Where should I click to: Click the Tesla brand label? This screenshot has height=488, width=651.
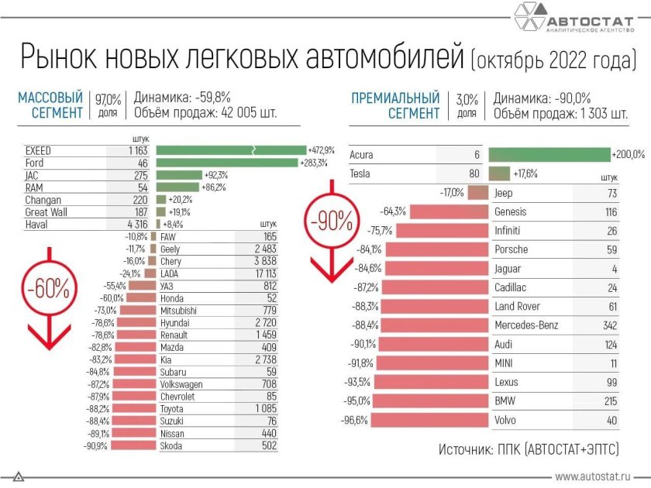pyautogui.click(x=360, y=174)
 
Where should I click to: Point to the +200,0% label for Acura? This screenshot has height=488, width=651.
pyautogui.click(x=628, y=155)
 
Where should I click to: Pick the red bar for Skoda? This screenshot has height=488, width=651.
pyautogui.click(x=134, y=445)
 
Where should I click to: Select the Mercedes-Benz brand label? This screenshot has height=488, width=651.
pyautogui.click(x=526, y=325)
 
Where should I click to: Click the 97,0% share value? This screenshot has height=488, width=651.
pyautogui.click(x=108, y=99)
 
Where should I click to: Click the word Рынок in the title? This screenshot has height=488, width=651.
pyautogui.click(x=62, y=60)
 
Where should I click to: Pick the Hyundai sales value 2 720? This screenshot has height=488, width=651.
pyautogui.click(x=262, y=321)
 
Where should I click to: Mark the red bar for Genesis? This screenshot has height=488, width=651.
pyautogui.click(x=447, y=211)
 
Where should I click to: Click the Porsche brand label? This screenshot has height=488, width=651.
pyautogui.click(x=511, y=249)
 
